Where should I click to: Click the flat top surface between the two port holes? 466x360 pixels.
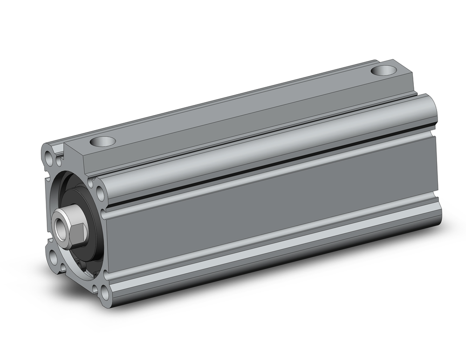click(x=242, y=107)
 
